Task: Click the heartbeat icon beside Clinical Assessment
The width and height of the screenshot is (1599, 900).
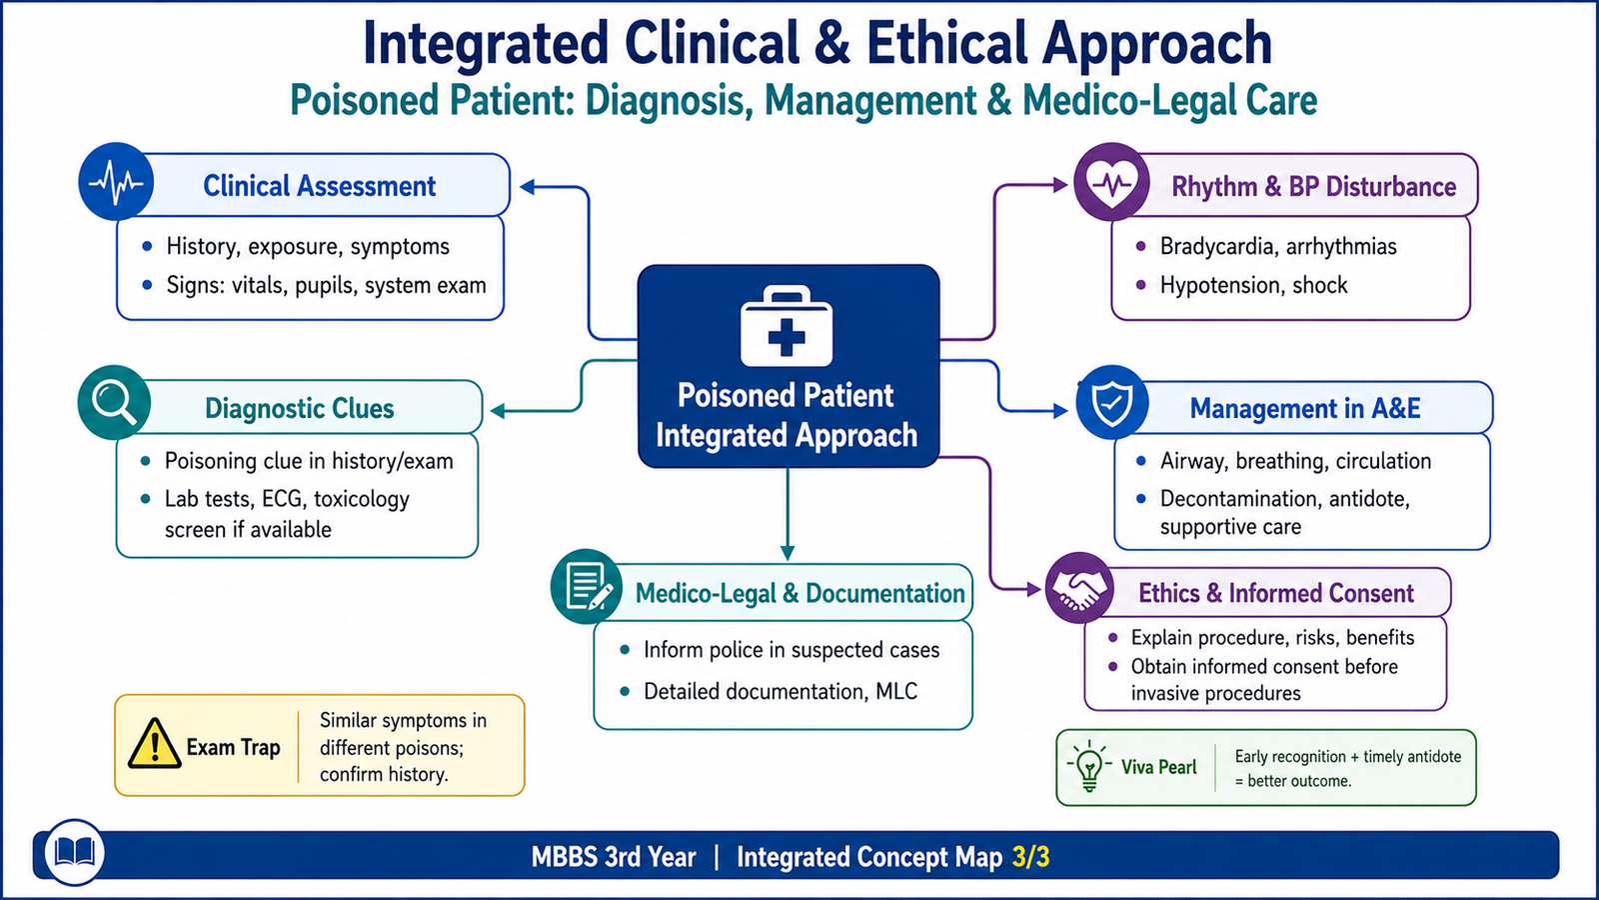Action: pyautogui.click(x=116, y=182)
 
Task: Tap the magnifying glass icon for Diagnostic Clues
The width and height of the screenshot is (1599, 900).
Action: pyautogui.click(x=114, y=402)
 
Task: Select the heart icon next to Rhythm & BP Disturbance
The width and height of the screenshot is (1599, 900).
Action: pyautogui.click(x=1111, y=183)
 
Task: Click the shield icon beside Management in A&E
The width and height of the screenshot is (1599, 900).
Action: pyautogui.click(x=1112, y=403)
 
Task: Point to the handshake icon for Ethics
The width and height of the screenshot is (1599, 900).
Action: pyautogui.click(x=1079, y=589)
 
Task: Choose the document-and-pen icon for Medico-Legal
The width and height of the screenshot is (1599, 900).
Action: pyautogui.click(x=587, y=586)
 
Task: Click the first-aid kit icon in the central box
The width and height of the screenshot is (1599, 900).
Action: pyautogui.click(x=787, y=326)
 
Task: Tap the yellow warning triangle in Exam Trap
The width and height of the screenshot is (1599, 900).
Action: pyautogui.click(x=154, y=744)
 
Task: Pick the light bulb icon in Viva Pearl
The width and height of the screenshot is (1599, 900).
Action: pyautogui.click(x=1089, y=766)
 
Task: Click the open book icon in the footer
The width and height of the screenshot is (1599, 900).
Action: pyautogui.click(x=74, y=852)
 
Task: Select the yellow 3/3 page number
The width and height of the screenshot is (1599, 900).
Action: pyautogui.click(x=1030, y=857)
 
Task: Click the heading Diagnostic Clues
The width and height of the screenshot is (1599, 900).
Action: pyautogui.click(x=299, y=409)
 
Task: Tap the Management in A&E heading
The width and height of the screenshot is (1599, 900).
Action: pyautogui.click(x=1305, y=409)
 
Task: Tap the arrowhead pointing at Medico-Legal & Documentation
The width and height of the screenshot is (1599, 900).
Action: pyautogui.click(x=788, y=553)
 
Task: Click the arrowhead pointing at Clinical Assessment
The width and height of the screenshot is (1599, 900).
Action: pyautogui.click(x=528, y=187)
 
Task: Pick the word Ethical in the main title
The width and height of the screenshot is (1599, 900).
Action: pyautogui.click(x=947, y=43)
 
